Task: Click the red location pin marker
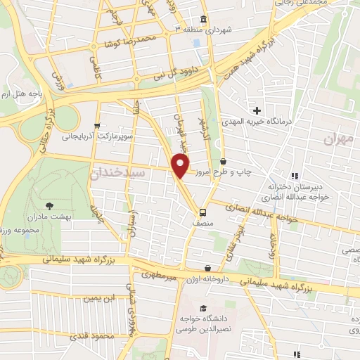(181, 166)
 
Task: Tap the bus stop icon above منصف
(202, 212)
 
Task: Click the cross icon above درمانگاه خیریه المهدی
(257, 110)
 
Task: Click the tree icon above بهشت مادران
(49, 206)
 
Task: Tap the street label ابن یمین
(98, 298)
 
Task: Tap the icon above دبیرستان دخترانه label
(295, 175)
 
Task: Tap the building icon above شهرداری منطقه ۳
(203, 19)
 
